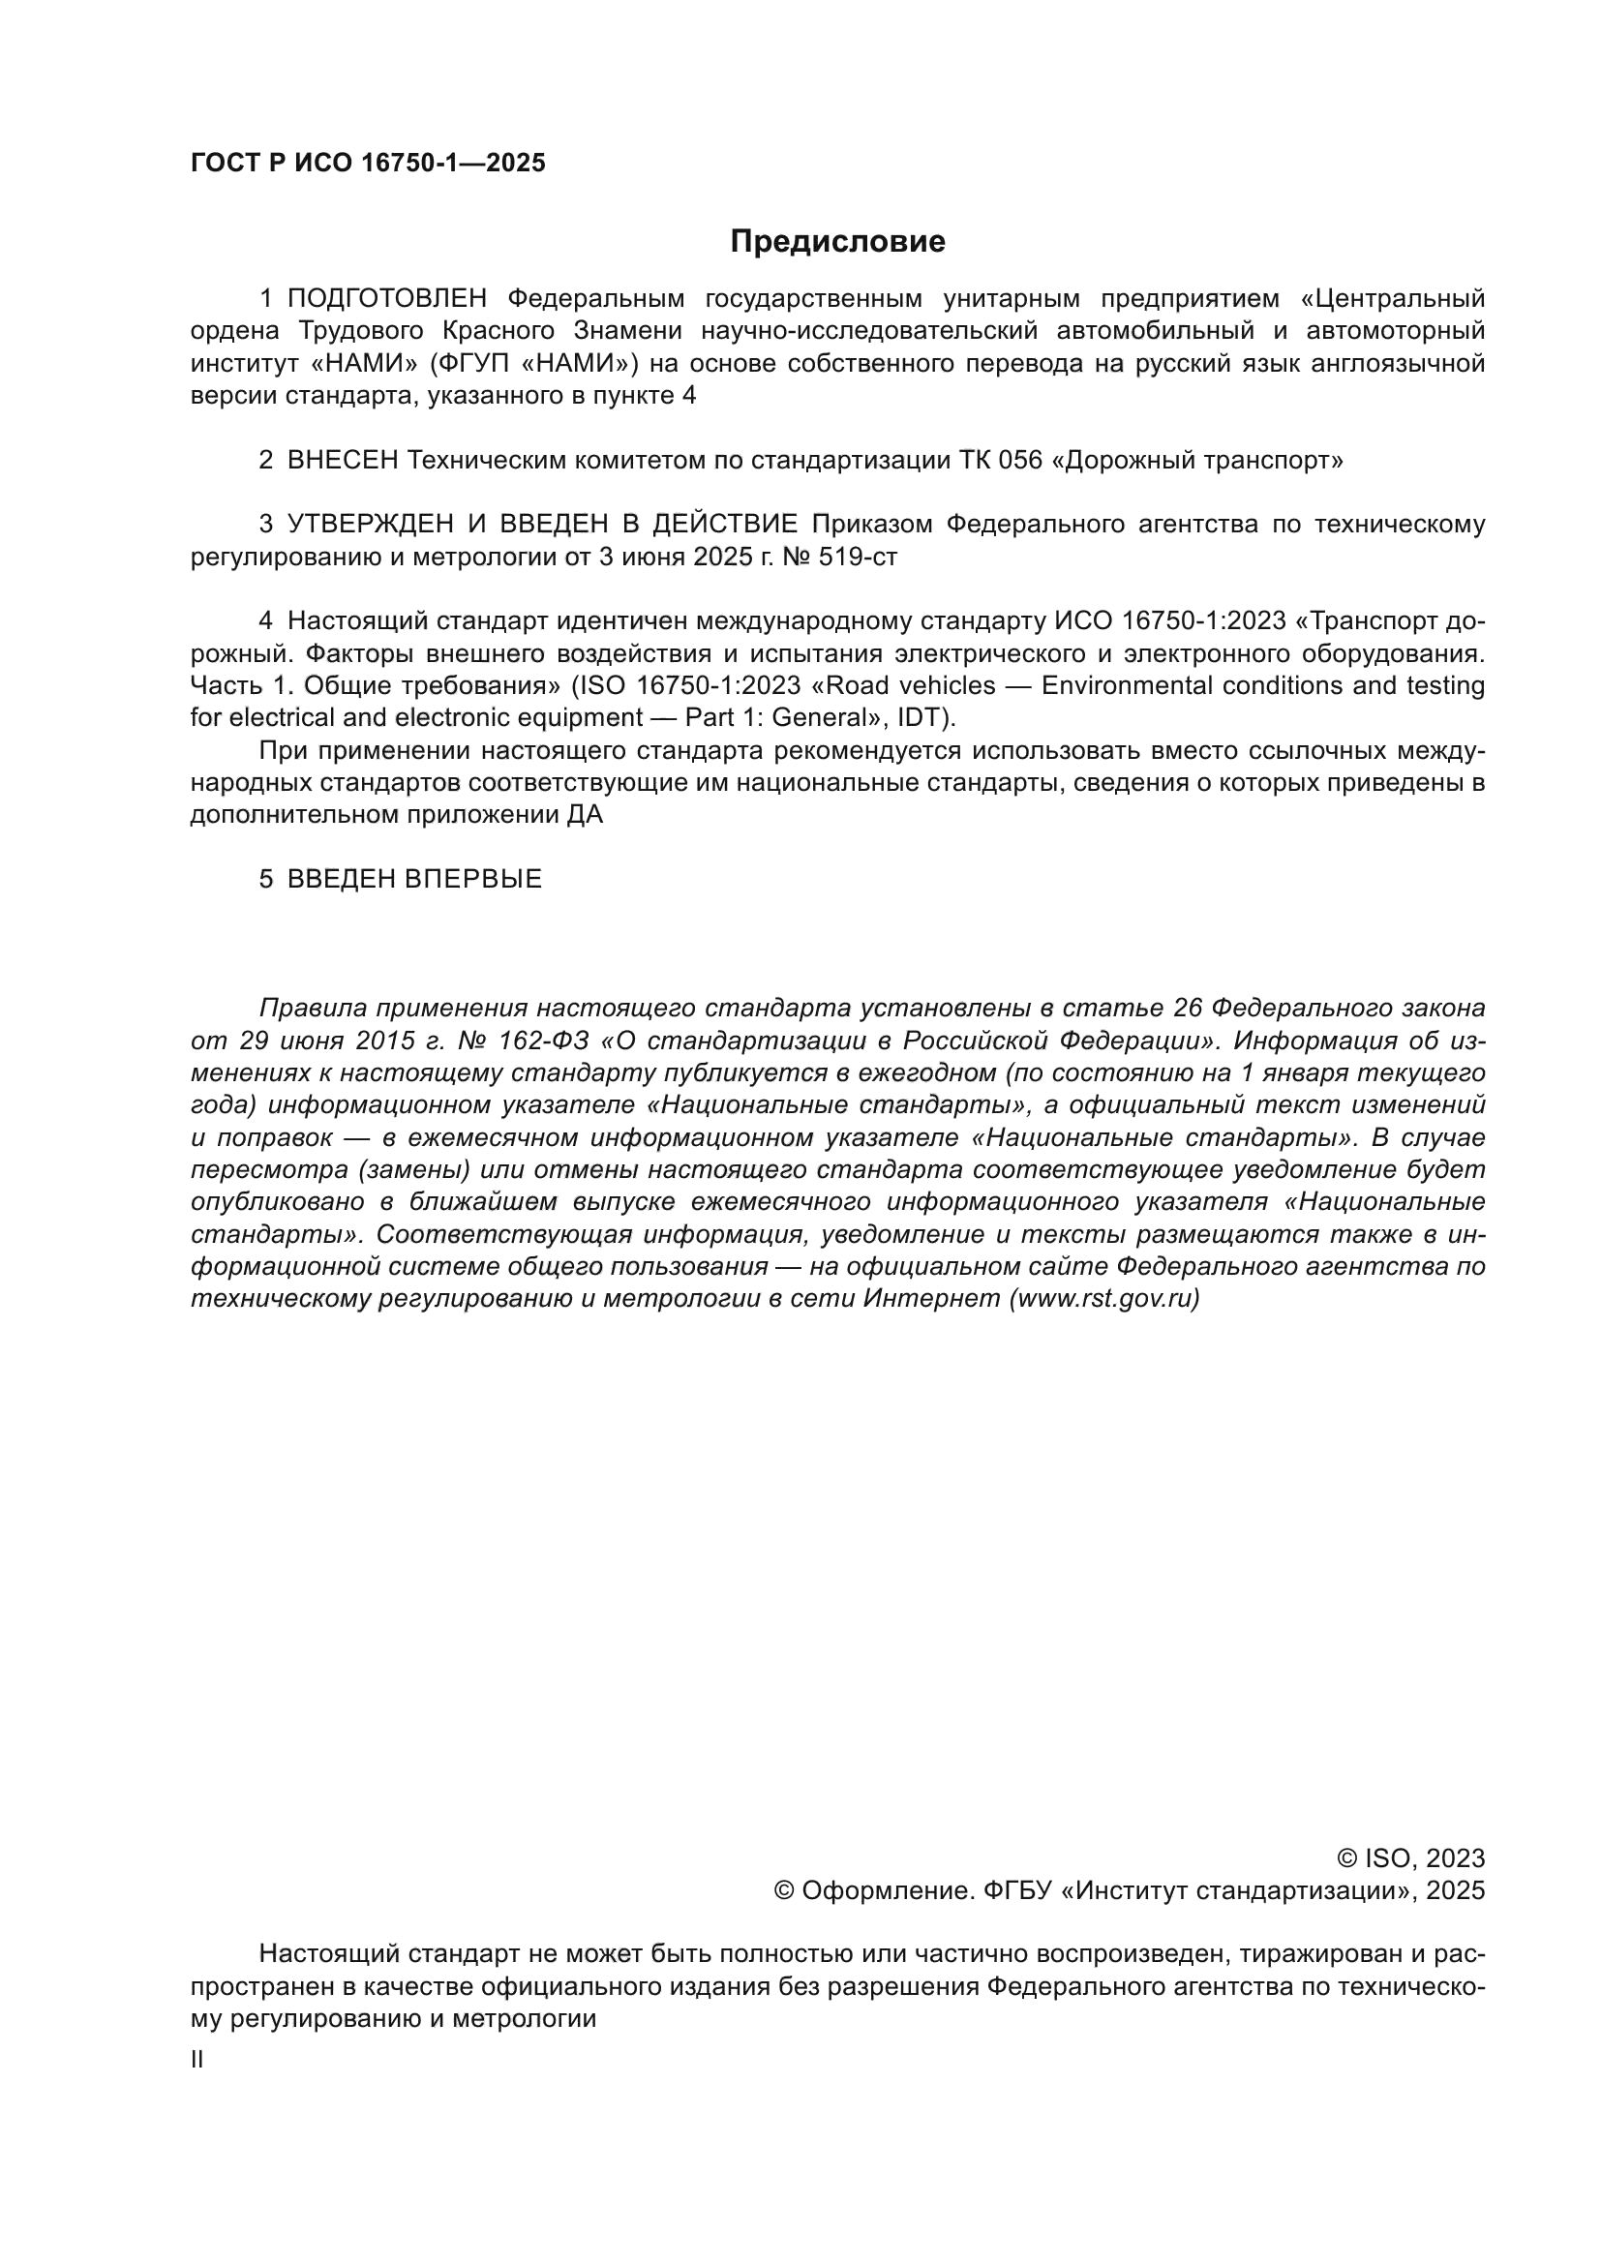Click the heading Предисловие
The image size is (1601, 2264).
pos(837,242)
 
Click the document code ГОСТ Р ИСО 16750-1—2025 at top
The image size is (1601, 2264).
pos(368,164)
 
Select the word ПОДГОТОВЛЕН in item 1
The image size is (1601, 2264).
pos(387,299)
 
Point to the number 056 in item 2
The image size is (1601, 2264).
pos(1019,461)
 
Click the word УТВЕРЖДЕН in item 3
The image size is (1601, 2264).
pos(371,525)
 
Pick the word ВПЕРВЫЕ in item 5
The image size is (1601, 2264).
pos(473,880)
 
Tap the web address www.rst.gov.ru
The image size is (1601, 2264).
pos(1104,1299)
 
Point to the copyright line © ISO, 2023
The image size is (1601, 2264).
pos(1409,1858)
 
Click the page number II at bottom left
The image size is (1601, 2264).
pos(196,2060)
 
